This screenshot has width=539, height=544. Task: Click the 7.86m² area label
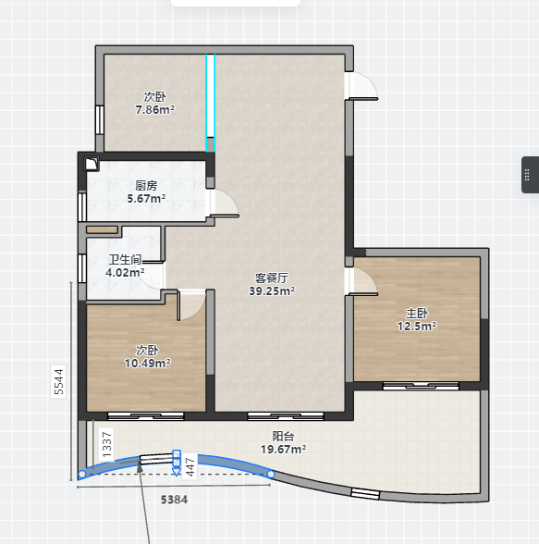tap(155, 109)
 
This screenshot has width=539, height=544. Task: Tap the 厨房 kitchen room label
tap(146, 186)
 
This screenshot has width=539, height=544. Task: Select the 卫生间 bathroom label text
tap(125, 259)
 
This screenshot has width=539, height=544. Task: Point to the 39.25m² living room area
tap(272, 291)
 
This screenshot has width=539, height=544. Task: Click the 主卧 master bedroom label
tap(417, 314)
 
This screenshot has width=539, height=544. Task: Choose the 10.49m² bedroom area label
tap(148, 364)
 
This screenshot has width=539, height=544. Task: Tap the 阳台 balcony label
tap(283, 436)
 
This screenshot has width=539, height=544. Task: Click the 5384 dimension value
tap(174, 500)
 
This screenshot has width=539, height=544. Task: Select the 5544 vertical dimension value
tap(58, 381)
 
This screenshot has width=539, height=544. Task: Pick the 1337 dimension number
tap(107, 444)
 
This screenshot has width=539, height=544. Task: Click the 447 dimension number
tap(190, 467)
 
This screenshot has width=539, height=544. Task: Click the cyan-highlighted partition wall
tap(211, 103)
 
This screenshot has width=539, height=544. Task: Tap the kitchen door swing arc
tap(225, 204)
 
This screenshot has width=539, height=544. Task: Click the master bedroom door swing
tap(363, 281)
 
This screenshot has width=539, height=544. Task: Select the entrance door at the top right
tap(363, 86)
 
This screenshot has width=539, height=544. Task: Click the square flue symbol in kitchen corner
tap(92, 164)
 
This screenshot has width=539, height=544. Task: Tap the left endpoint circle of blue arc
tap(82, 474)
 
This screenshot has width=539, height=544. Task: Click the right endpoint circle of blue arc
tap(271, 474)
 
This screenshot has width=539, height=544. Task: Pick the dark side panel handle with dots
tap(530, 175)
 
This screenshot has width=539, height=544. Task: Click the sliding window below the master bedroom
tap(421, 386)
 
